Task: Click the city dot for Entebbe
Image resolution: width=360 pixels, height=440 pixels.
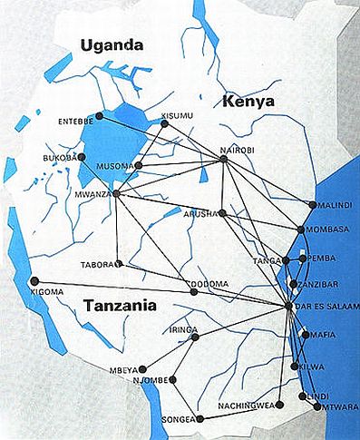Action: point(100,116)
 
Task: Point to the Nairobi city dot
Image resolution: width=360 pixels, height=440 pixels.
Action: point(223,161)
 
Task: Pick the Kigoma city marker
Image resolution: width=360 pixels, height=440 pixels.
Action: point(34,280)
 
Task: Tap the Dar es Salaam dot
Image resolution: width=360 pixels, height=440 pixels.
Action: point(288,307)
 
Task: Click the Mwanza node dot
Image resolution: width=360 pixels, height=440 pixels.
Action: point(117,193)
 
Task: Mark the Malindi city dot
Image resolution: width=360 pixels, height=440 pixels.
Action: point(312,205)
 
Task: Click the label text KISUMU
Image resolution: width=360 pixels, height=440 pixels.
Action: point(178,115)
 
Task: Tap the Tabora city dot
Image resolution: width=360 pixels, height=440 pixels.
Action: point(119,263)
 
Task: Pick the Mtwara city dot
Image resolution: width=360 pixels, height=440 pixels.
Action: point(316,407)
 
